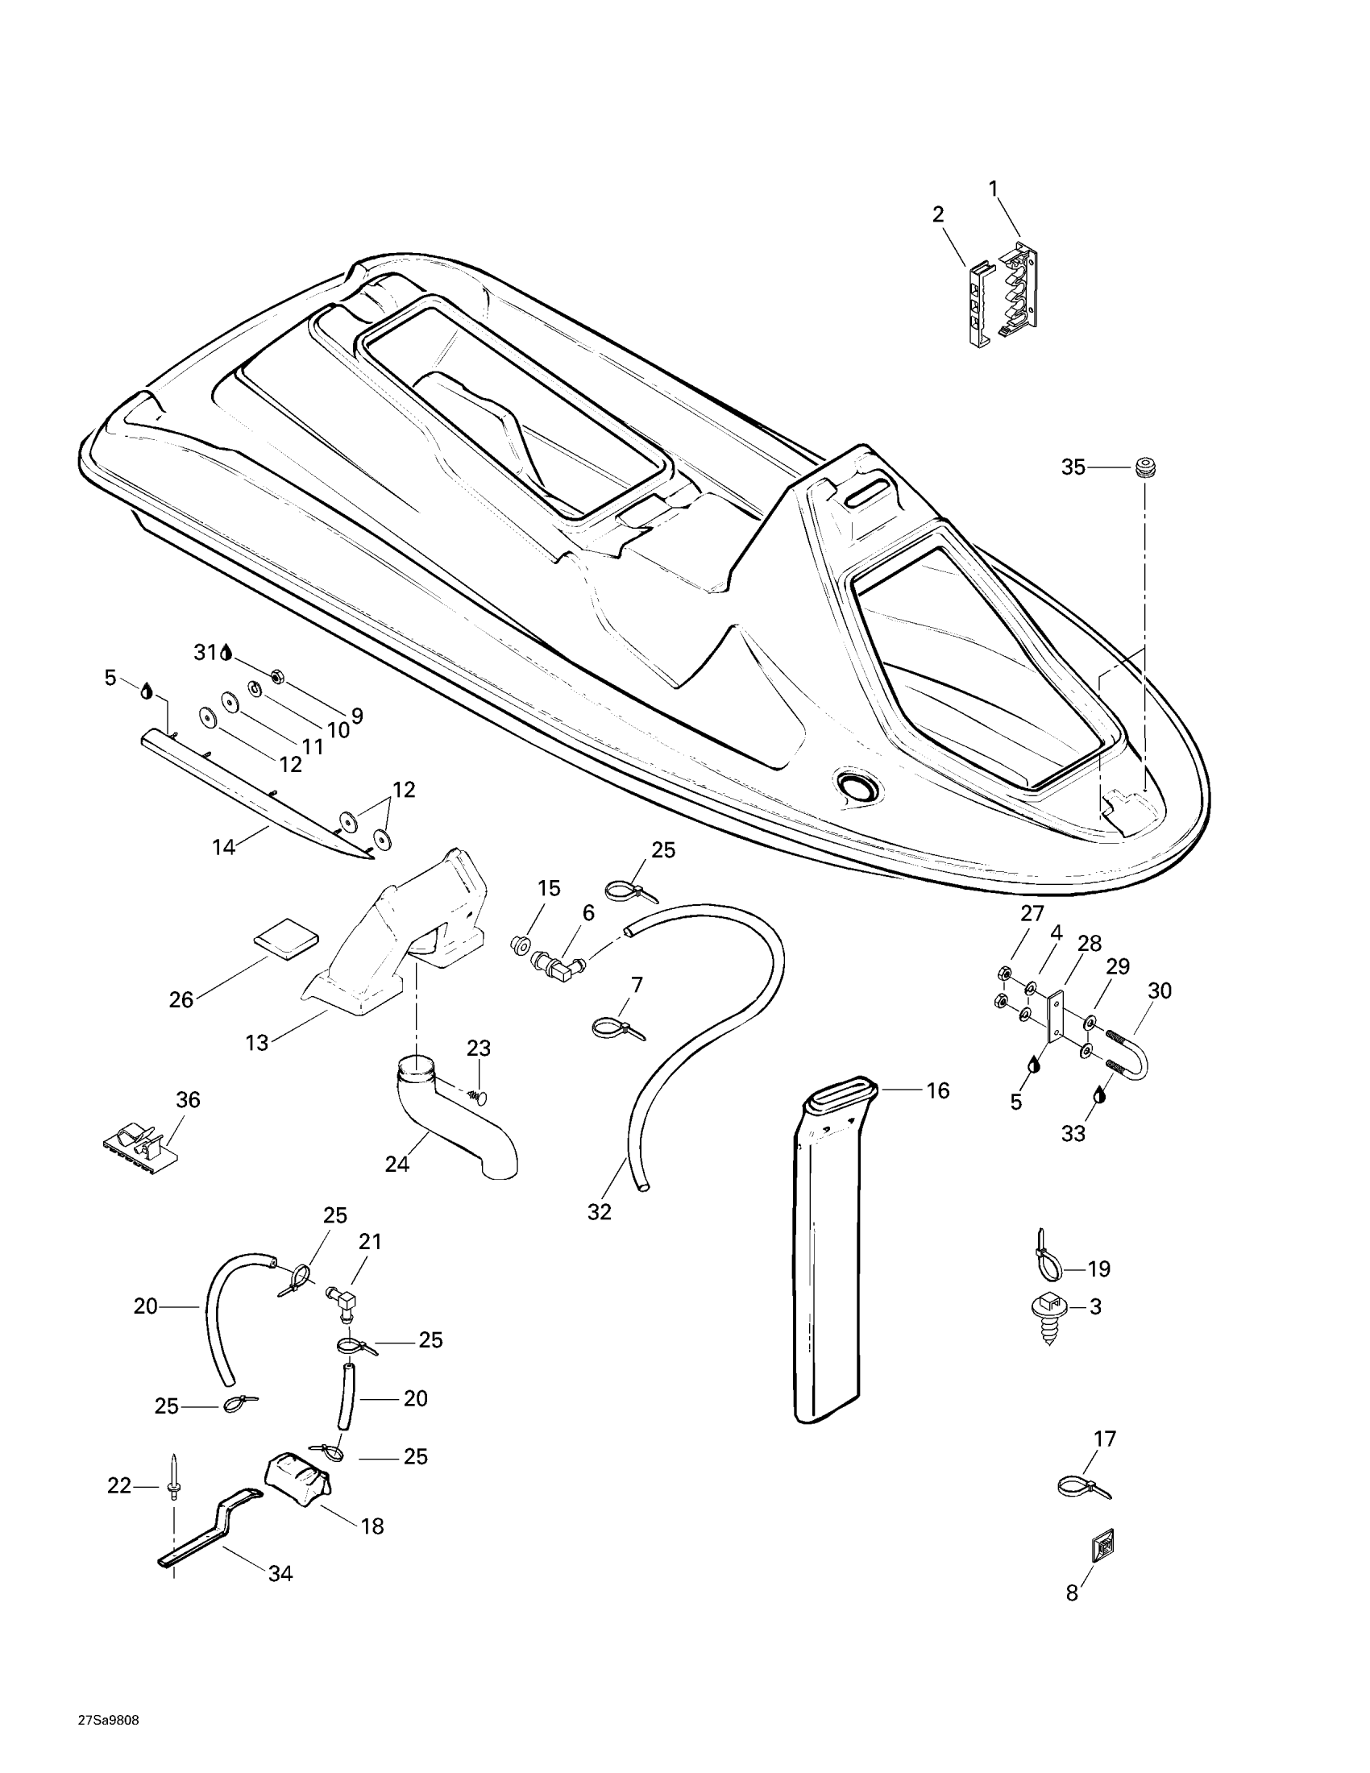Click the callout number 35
(x=1073, y=467)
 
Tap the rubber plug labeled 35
(x=1144, y=468)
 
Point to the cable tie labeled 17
(x=1083, y=1487)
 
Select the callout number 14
(x=223, y=848)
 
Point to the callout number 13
(x=256, y=1043)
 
